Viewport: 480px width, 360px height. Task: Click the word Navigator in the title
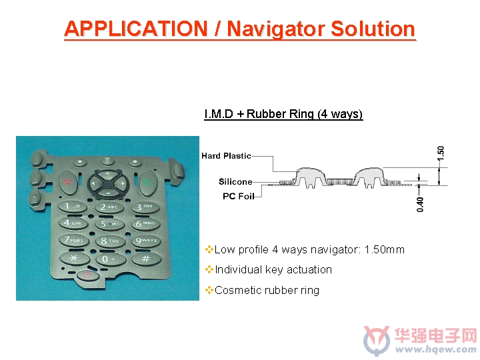point(277,29)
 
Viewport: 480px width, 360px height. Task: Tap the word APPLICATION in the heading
point(136,29)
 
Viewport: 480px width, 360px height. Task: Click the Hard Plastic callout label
point(226,156)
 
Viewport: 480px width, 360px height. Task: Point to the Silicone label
point(235,181)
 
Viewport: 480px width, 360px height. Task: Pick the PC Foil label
point(239,196)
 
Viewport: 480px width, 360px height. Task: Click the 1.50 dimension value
point(441,153)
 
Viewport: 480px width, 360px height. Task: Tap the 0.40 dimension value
point(420,205)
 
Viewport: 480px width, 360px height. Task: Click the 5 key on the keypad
point(109,224)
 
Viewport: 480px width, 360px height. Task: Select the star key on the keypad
point(75,258)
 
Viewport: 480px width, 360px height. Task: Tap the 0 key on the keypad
point(110,259)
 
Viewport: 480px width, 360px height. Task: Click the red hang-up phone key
point(67,183)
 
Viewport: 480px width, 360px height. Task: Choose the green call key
point(147,183)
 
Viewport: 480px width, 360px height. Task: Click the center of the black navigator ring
point(108,184)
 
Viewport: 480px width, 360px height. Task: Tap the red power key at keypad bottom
point(87,275)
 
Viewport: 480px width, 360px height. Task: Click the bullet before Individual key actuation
point(209,270)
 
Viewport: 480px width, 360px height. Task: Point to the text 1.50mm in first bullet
point(384,250)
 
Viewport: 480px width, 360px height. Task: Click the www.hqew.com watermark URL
point(435,349)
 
